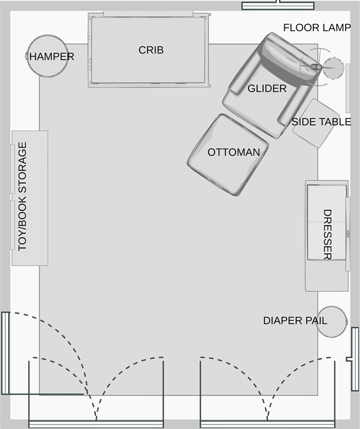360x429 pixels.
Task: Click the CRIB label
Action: pos(151,50)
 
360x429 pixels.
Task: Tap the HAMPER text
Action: pos(52,57)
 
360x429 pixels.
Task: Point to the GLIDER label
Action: pos(267,88)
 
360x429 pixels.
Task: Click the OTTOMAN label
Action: pos(234,152)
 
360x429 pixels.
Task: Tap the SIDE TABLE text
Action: pos(321,122)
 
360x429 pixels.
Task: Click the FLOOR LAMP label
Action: pos(316,28)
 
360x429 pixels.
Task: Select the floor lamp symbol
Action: pos(331,68)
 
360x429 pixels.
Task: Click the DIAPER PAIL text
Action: pos(295,320)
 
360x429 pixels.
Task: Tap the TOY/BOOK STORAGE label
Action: pos(23,196)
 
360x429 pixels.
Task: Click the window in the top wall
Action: pos(278,6)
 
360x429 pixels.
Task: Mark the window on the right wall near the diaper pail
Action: pos(354,351)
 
